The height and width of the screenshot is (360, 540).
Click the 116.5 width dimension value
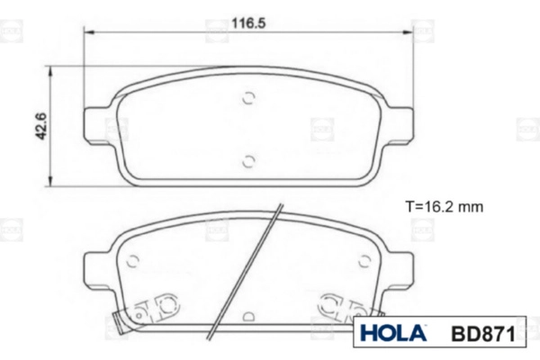coord(248,23)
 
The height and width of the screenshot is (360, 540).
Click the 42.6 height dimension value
coord(41,126)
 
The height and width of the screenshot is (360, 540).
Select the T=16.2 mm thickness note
coord(445,207)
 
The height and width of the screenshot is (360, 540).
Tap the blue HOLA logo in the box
coord(393,333)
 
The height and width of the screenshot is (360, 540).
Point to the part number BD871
coord(483,333)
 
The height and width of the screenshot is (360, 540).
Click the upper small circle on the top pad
coord(248,98)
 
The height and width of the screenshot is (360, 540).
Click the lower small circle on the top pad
coord(248,161)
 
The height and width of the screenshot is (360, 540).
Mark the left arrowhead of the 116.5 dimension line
coord(89,32)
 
